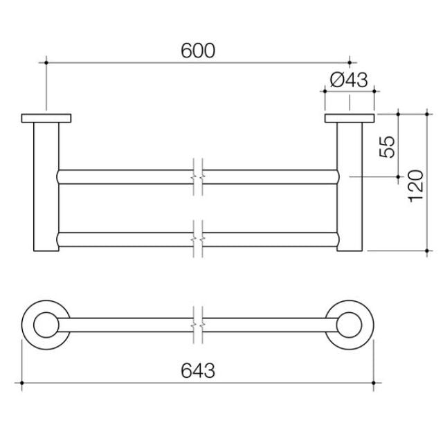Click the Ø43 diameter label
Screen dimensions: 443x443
click(x=347, y=80)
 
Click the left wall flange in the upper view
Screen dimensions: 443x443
click(x=46, y=118)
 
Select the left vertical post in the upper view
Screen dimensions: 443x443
click(x=46, y=187)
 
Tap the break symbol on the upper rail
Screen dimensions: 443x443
click(x=198, y=176)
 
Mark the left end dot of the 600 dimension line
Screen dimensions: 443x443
click(x=46, y=63)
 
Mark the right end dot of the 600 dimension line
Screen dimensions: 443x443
click(x=349, y=63)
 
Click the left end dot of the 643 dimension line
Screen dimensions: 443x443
click(x=22, y=383)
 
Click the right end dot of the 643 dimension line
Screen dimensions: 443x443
click(x=374, y=383)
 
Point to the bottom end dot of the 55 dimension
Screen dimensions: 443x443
click(x=398, y=177)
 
